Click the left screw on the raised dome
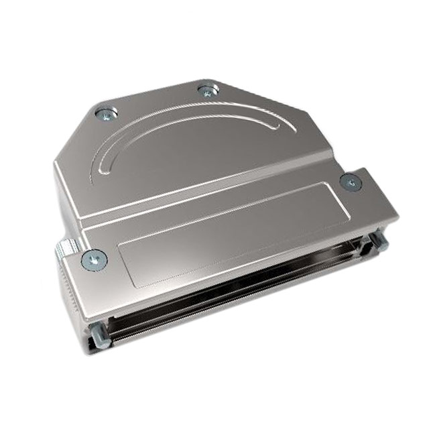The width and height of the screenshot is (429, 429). (x=104, y=114)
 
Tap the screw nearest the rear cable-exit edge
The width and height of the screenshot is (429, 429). (x=208, y=90)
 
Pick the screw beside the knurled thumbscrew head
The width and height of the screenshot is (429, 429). (x=93, y=258)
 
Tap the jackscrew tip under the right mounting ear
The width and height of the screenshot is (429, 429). (x=377, y=239)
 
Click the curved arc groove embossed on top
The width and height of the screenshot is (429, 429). (x=181, y=125)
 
